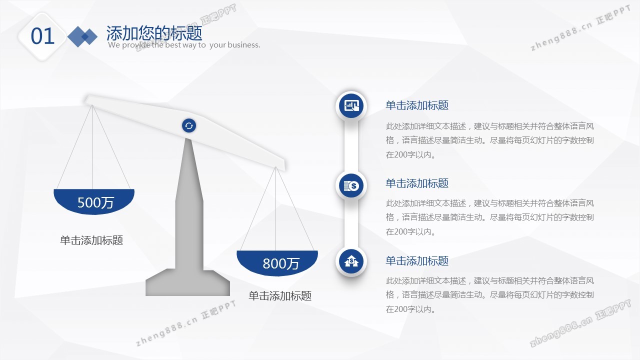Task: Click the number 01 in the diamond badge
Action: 42,36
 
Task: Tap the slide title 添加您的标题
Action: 154,33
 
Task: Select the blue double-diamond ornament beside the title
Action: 82,36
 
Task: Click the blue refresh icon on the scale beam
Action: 189,125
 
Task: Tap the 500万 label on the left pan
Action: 95,202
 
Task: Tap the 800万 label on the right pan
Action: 281,263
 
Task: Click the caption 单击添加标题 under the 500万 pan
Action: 91,240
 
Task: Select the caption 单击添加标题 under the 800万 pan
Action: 280,295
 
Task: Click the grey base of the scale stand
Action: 187,282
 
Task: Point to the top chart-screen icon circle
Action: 351,105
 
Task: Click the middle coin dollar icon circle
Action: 351,185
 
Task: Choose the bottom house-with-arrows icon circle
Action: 351,261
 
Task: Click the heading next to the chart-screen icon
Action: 417,105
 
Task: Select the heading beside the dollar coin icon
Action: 417,183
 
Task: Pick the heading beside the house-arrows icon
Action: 417,261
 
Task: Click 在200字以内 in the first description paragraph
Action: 408,155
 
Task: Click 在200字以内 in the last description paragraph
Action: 408,309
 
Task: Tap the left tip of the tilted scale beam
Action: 85,99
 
